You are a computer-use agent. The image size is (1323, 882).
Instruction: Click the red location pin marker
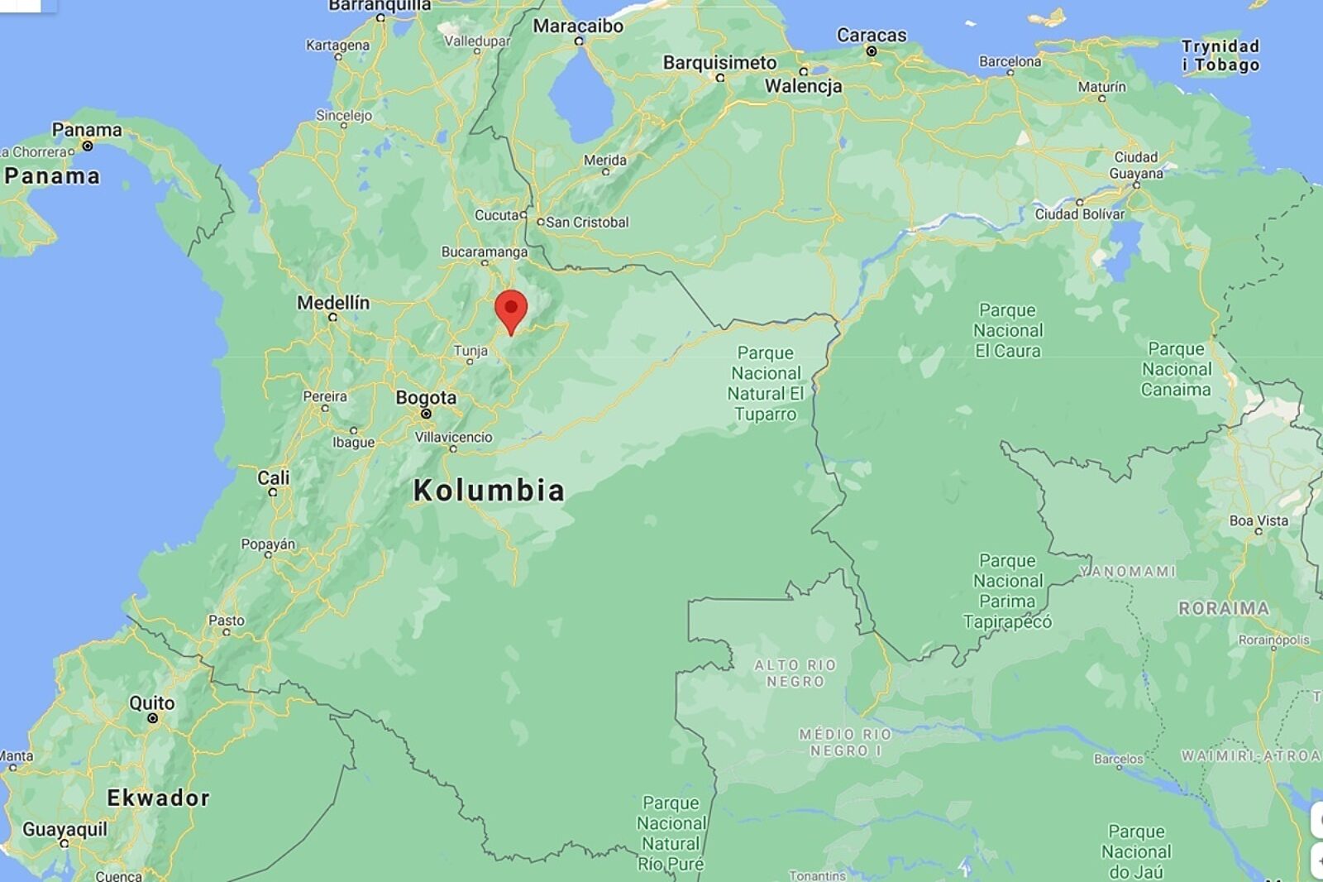[x=511, y=310]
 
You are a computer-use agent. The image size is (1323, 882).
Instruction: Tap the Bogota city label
[x=426, y=397]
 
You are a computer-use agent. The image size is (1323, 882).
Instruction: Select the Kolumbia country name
[x=489, y=490]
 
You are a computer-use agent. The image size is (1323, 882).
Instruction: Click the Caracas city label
[x=872, y=35]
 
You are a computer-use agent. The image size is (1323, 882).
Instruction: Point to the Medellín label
[x=333, y=303]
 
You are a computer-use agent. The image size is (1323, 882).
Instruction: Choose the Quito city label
[x=152, y=703]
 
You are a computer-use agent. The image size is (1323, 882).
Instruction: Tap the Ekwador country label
[x=158, y=798]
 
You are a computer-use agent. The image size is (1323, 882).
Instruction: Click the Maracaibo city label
[x=578, y=26]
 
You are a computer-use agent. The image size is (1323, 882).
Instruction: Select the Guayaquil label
[x=64, y=829]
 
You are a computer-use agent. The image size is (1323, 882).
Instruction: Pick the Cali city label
[x=274, y=477]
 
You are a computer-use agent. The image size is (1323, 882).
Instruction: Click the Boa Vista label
[x=1259, y=520]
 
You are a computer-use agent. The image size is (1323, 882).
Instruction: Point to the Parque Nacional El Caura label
[x=1007, y=330]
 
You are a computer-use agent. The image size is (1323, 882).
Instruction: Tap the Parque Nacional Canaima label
[x=1176, y=369]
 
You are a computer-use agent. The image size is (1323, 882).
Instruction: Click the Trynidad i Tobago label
[x=1220, y=55]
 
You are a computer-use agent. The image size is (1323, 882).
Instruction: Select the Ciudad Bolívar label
[x=1080, y=213]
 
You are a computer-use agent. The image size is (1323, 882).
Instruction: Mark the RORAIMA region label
[x=1224, y=608]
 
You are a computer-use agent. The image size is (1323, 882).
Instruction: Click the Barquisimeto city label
[x=719, y=63]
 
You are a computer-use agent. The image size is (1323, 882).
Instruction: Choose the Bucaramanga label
[x=485, y=252]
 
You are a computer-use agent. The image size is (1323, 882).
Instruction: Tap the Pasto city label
[x=227, y=621]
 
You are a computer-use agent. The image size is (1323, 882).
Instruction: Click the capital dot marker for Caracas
[x=871, y=51]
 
